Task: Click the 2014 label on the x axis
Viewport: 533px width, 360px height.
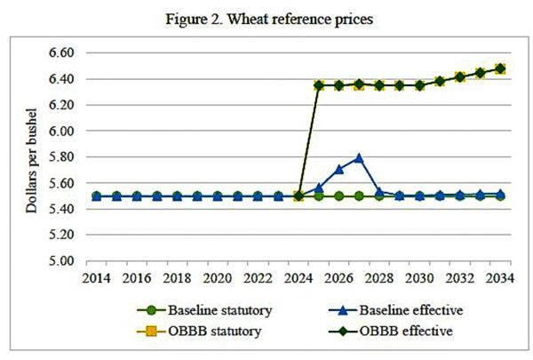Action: (97, 277)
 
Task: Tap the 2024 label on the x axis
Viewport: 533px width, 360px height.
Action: (298, 277)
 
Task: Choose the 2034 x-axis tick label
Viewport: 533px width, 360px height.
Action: (499, 277)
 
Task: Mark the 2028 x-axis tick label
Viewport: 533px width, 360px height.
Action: (378, 277)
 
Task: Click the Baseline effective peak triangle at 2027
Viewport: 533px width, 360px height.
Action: (359, 158)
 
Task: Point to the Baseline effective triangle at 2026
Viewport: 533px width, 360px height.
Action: (338, 169)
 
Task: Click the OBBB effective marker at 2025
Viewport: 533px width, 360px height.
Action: (318, 85)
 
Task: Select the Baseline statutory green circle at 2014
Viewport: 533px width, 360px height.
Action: (97, 196)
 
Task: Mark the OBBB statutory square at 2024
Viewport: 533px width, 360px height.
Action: (298, 196)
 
